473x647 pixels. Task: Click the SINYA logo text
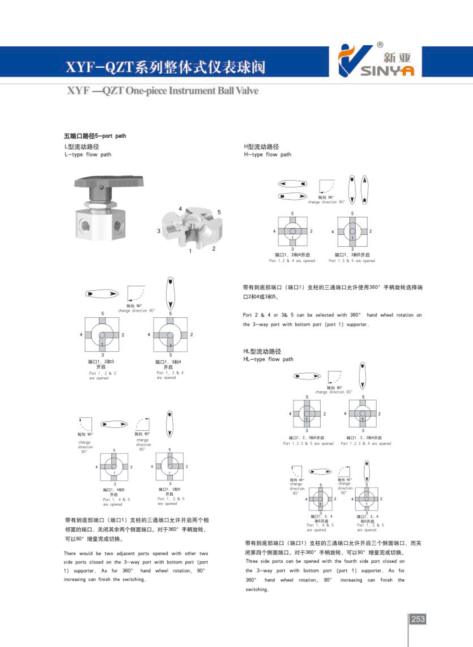[x=387, y=70]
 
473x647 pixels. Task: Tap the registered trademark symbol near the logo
[x=380, y=45]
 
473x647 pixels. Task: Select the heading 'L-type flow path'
[x=88, y=154]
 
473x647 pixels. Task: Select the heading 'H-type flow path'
[x=267, y=154]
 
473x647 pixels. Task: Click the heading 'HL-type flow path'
[x=268, y=359]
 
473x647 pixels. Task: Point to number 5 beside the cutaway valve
[x=219, y=212]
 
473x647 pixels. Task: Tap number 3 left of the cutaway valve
[x=159, y=231]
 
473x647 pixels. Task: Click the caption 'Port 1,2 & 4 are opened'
[x=292, y=260]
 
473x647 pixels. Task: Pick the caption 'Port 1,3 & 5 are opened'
[x=352, y=260]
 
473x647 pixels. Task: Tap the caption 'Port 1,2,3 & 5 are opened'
[x=308, y=443]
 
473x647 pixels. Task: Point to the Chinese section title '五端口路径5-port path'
[x=95, y=136]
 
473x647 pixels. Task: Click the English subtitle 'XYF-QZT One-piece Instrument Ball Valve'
[x=163, y=91]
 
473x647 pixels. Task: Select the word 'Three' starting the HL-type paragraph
[x=251, y=561]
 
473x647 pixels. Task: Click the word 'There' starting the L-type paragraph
[x=70, y=553]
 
